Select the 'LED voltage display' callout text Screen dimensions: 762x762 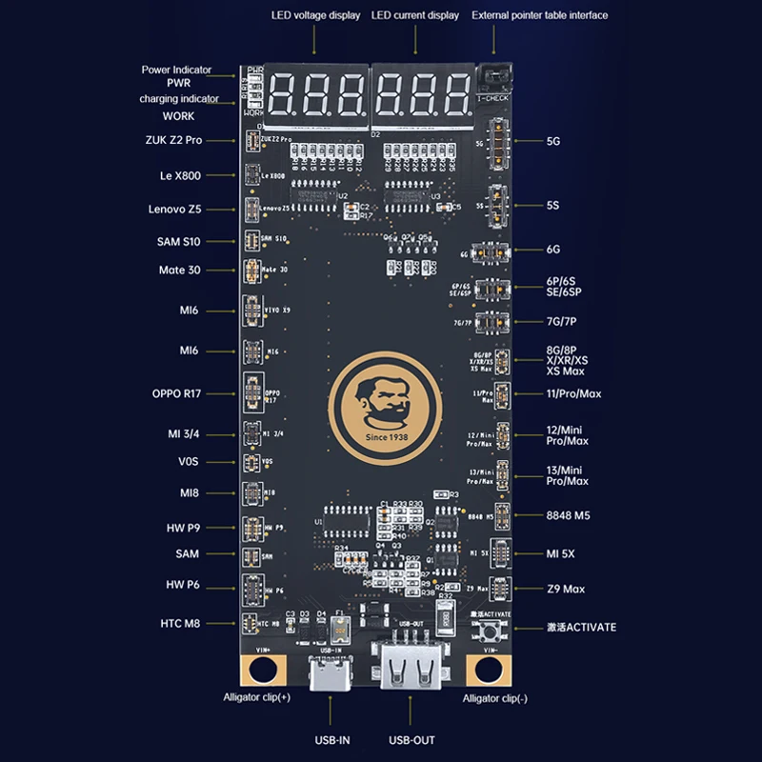coord(315,15)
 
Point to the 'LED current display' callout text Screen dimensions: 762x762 coord(414,15)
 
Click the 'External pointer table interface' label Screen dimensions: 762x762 coord(539,15)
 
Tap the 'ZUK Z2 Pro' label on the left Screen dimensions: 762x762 coord(175,140)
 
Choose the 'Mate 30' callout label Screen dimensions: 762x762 coord(179,270)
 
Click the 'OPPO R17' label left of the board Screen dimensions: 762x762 coord(176,393)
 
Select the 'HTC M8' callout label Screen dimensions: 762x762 coord(178,624)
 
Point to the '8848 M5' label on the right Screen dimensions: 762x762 coord(569,515)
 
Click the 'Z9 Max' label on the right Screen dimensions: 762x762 coord(566,589)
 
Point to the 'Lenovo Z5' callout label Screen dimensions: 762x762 coord(174,209)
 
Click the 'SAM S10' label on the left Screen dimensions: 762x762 coord(178,241)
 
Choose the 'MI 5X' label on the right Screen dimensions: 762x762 coord(560,553)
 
